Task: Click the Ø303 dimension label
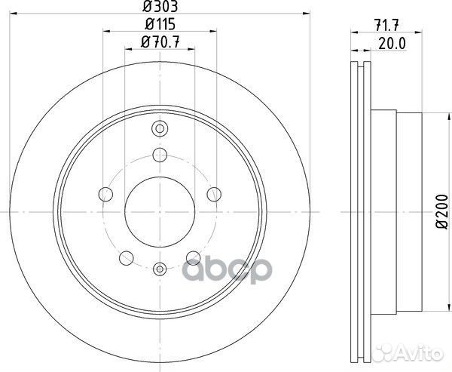(x=160, y=6)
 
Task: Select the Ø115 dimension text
(x=160, y=24)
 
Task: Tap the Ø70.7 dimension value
(x=160, y=42)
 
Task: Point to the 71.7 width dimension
(x=386, y=26)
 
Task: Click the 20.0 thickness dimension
(x=392, y=44)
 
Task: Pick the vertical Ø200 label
(x=442, y=212)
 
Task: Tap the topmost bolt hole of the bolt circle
(x=160, y=155)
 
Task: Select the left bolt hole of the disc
(x=105, y=195)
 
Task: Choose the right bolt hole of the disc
(x=214, y=194)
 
